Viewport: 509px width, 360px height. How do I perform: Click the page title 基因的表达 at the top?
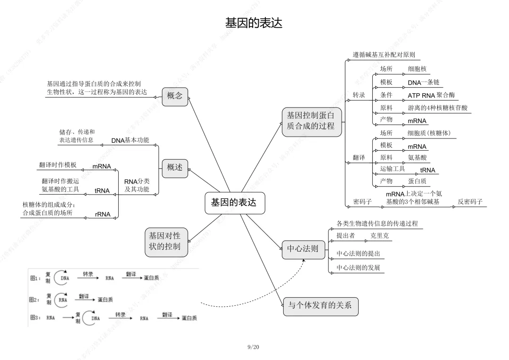tap(254, 23)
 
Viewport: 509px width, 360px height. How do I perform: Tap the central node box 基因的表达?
tap(234, 203)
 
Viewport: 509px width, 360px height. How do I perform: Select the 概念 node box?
tap(175, 96)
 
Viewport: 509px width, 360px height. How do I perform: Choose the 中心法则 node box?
tap(303, 249)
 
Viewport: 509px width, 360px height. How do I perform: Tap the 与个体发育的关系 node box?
tap(320, 305)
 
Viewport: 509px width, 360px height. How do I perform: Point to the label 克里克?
tap(379, 236)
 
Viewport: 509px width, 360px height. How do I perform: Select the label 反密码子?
tap(470, 202)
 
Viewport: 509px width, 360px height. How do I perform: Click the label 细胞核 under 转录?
tap(417, 69)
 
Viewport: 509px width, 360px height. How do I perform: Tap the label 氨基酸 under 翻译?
tap(417, 157)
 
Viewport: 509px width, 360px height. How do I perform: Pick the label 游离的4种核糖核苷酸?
tap(438, 108)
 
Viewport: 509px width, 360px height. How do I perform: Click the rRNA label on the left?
tap(102, 214)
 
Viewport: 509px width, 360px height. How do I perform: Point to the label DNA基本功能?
tap(130, 140)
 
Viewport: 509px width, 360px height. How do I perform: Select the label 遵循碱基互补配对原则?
tap(384, 55)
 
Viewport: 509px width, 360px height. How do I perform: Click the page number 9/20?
tap(253, 347)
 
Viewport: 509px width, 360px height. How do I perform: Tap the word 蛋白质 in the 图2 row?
tap(105, 300)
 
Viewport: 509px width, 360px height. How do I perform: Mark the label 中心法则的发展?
tap(358, 268)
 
